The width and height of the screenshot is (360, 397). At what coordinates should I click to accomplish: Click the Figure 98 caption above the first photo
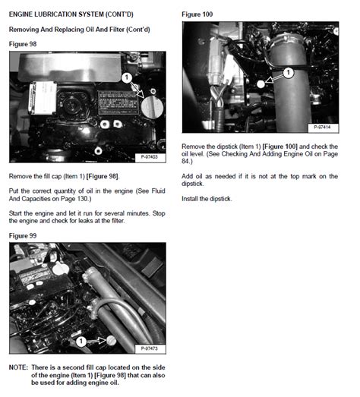pyautogui.click(x=22, y=44)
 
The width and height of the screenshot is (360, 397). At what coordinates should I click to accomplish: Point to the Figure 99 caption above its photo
pyautogui.click(x=22, y=236)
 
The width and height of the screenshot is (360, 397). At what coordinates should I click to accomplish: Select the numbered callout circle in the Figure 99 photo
pyautogui.click(x=81, y=341)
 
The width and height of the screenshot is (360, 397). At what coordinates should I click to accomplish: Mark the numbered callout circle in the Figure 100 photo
pyautogui.click(x=288, y=74)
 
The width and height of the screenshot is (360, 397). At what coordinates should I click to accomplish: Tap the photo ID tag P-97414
pyautogui.click(x=324, y=128)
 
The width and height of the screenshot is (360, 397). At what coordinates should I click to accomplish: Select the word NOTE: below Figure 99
pyautogui.click(x=18, y=367)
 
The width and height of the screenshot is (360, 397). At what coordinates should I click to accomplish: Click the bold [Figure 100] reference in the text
pyautogui.click(x=279, y=145)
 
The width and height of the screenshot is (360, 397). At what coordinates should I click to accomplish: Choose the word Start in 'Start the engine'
pyautogui.click(x=15, y=213)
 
